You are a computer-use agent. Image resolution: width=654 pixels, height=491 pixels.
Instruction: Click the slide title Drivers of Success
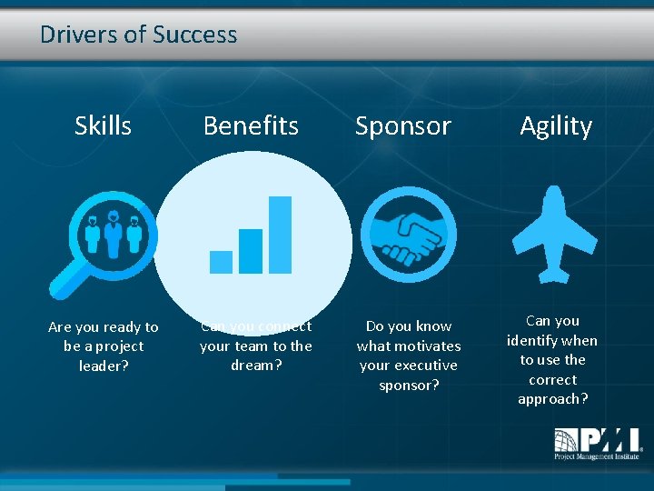(138, 35)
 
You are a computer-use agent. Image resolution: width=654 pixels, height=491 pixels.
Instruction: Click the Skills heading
(103, 125)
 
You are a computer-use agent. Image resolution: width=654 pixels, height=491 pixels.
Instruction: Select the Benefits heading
(251, 125)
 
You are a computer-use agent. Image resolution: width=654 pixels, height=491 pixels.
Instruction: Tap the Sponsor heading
(402, 125)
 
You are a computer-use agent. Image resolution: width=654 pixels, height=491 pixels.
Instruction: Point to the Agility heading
(555, 125)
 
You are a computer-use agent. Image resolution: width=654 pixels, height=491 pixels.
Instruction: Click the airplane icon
(554, 234)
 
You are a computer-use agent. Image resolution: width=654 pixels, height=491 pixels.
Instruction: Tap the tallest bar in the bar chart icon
(280, 235)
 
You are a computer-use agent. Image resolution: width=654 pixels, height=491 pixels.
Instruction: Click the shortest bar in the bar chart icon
(221, 262)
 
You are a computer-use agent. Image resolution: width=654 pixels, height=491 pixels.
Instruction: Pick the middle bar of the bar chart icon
(250, 251)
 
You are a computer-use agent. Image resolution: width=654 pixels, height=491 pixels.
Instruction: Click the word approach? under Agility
(552, 398)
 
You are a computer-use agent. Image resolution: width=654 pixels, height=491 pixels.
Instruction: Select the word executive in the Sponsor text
(421, 365)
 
